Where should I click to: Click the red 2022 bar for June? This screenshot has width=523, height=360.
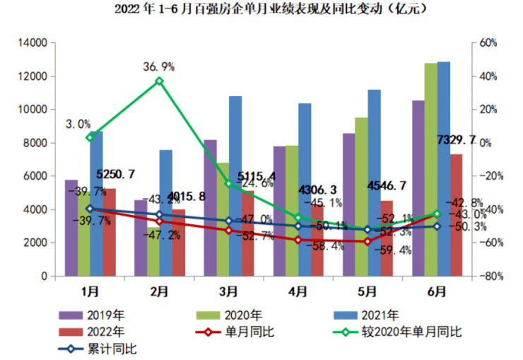click(x=457, y=215)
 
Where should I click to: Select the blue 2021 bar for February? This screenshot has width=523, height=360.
click(x=165, y=212)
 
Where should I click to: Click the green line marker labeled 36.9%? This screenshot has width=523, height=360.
click(x=159, y=81)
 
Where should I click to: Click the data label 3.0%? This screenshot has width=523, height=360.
click(x=78, y=124)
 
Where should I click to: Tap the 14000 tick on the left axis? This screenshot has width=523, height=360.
click(x=30, y=43)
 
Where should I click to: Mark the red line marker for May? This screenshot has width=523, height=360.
click(x=368, y=242)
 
